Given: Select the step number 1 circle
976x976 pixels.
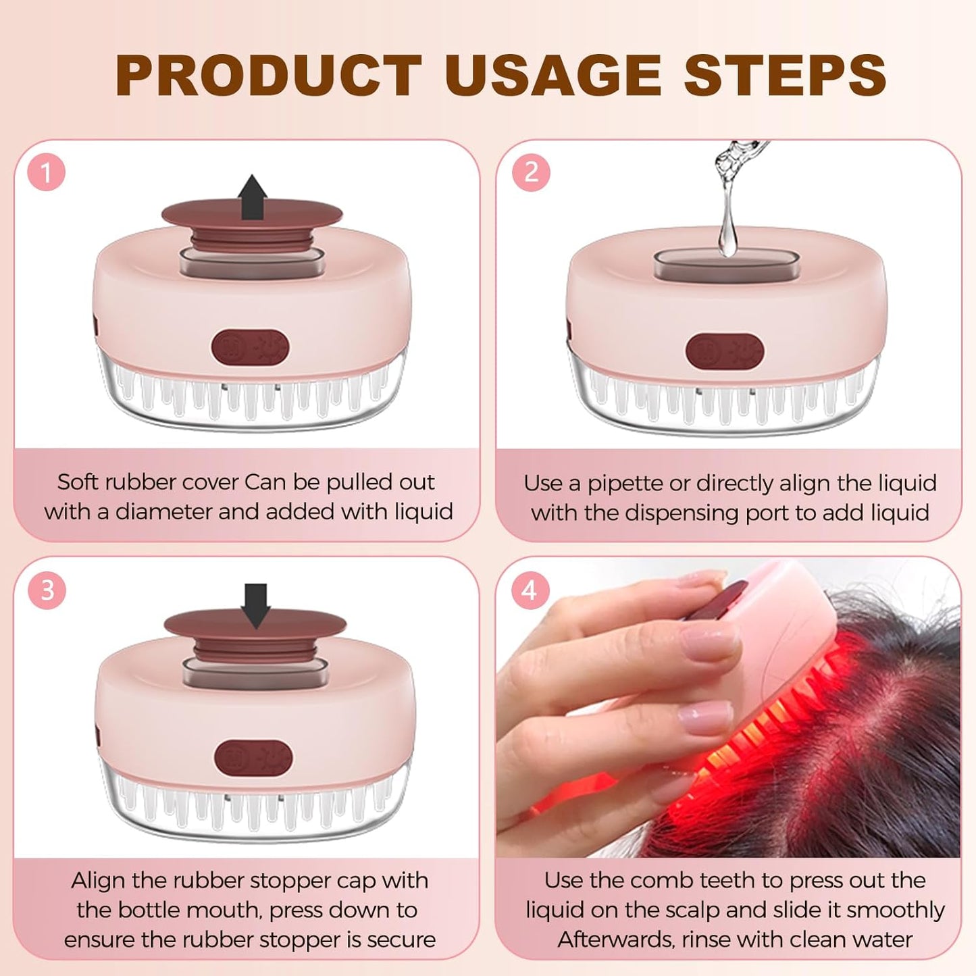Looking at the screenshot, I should pos(47,173).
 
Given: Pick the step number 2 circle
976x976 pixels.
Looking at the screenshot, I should pos(531,173).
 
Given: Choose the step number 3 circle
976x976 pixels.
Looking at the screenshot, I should pos(47,590).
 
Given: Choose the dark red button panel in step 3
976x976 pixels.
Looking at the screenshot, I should pos(253,758).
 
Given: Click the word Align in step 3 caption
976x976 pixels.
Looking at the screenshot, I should pos(98,880).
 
